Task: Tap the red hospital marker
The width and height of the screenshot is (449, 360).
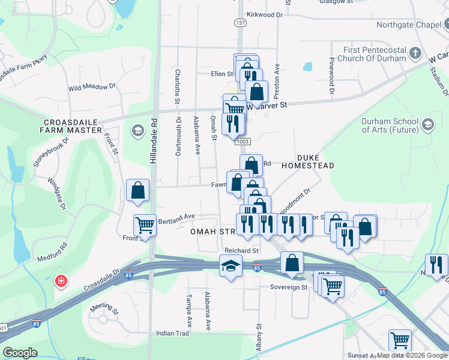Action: click(61, 281)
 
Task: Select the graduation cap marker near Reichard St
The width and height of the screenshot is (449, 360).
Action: click(231, 266)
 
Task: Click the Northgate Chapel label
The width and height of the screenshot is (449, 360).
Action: click(408, 25)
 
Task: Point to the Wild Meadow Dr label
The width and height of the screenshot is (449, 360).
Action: click(92, 87)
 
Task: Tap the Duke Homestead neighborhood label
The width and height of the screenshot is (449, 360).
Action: click(307, 160)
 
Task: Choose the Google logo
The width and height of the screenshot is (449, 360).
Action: click(20, 353)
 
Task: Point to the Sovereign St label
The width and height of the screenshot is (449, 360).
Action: click(289, 287)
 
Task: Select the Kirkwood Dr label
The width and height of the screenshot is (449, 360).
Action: click(264, 14)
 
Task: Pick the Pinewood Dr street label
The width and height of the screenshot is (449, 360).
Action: click(331, 76)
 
